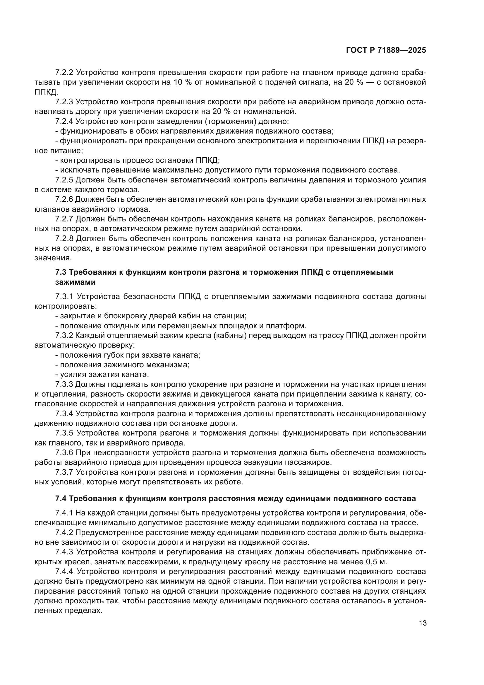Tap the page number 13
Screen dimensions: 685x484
[423, 623]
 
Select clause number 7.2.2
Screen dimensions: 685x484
[64, 73]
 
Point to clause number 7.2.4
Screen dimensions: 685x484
[64, 122]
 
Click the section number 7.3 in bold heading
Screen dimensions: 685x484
[61, 272]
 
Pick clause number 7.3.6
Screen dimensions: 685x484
[64, 453]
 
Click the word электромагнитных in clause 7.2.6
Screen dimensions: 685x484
[391, 199]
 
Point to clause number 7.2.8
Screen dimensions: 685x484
[64, 239]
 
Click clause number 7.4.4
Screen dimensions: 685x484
[64, 572]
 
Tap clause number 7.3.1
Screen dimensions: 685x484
[64, 297]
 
